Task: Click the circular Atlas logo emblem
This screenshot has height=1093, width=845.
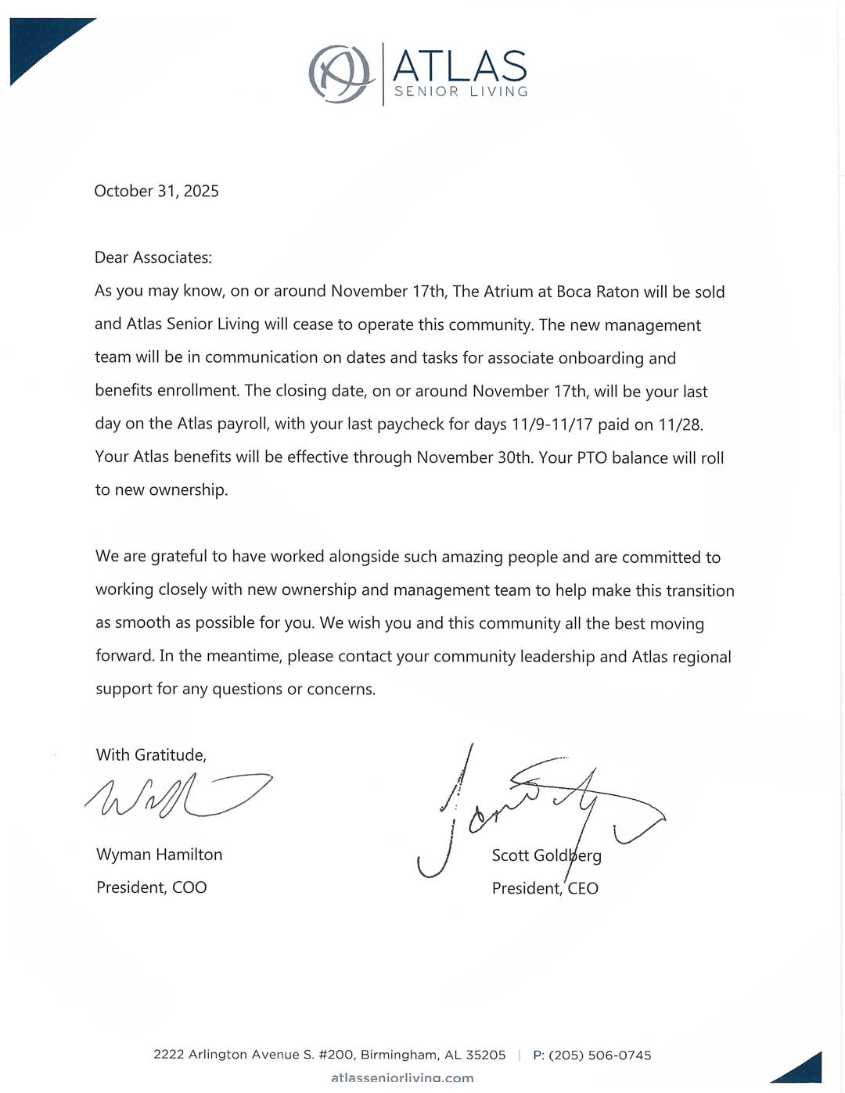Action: click(340, 73)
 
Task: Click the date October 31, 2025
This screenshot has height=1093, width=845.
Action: click(156, 191)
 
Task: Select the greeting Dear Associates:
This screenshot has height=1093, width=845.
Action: click(153, 257)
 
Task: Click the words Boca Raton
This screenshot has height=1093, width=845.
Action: click(597, 292)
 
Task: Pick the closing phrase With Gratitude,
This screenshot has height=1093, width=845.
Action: click(151, 754)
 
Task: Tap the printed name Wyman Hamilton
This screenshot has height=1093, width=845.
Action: click(160, 855)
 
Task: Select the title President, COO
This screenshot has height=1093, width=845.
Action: click(152, 887)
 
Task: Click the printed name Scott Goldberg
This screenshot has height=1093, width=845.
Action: click(547, 855)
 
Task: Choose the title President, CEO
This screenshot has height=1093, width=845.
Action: click(545, 888)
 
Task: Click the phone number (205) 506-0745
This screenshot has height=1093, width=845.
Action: click(600, 1055)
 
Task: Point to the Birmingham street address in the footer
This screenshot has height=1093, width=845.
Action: click(329, 1055)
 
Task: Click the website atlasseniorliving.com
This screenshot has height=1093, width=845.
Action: click(402, 1078)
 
